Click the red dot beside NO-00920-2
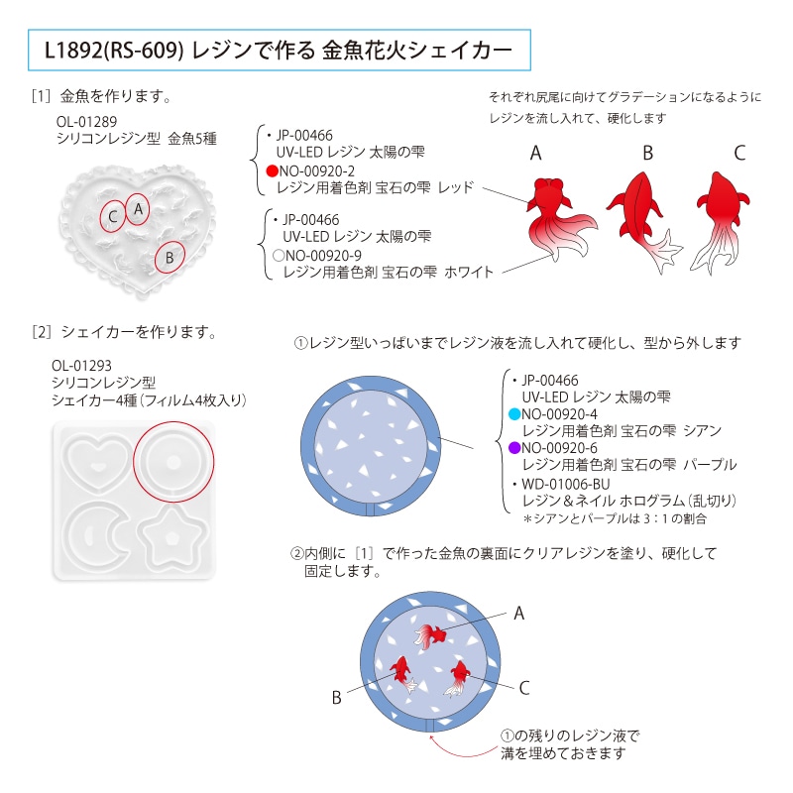pyautogui.click(x=273, y=170)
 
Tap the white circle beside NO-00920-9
pyautogui.click(x=279, y=256)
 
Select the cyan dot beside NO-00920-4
pyautogui.click(x=514, y=414)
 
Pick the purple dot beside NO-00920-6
pyautogui.click(x=514, y=448)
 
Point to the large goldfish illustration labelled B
pyautogui.click(x=642, y=221)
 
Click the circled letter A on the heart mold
pyautogui.click(x=138, y=209)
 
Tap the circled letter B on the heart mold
pyautogui.click(x=170, y=258)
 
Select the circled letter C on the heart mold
pyautogui.click(x=113, y=216)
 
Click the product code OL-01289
pyautogui.click(x=86, y=122)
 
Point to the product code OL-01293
pyautogui.click(x=81, y=366)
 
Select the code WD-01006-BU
pyautogui.click(x=566, y=484)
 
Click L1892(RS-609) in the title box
pyautogui.click(x=114, y=51)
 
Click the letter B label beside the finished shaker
pyautogui.click(x=337, y=698)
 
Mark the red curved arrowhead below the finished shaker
pyautogui.click(x=431, y=737)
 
